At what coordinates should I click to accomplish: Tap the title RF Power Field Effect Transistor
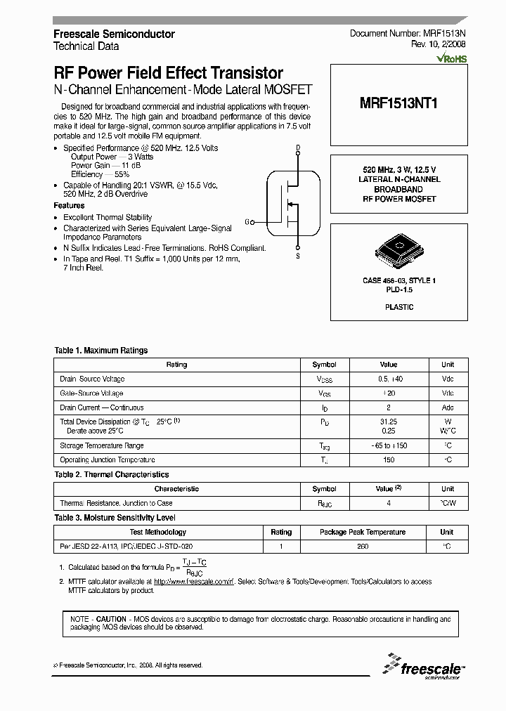[169, 73]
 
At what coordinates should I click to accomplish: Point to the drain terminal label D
[298, 147]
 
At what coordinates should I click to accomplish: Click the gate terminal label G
[247, 222]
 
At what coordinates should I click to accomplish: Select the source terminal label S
[298, 256]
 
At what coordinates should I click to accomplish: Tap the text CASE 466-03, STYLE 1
[398, 280]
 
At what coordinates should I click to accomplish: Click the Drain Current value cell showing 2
[389, 407]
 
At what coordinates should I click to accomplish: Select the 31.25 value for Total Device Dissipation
[389, 422]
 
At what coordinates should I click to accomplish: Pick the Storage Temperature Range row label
[102, 445]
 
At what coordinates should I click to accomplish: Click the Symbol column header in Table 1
[324, 365]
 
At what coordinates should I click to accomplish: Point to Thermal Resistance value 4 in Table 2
[389, 503]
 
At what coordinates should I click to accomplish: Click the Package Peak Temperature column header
[363, 532]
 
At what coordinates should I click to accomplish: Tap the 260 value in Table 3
[363, 546]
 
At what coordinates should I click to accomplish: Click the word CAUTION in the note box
[110, 619]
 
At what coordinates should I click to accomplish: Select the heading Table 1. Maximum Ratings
[101, 350]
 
